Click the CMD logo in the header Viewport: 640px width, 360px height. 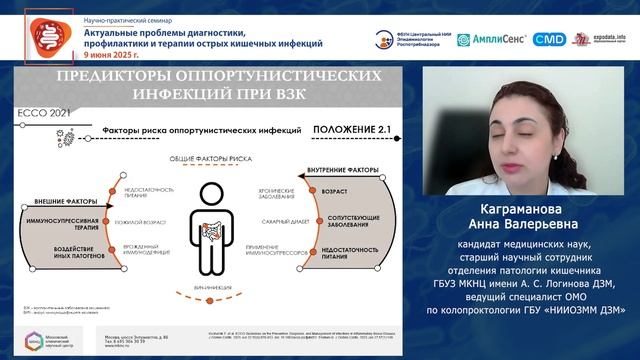tap(549, 39)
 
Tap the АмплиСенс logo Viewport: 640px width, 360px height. tap(491, 39)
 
